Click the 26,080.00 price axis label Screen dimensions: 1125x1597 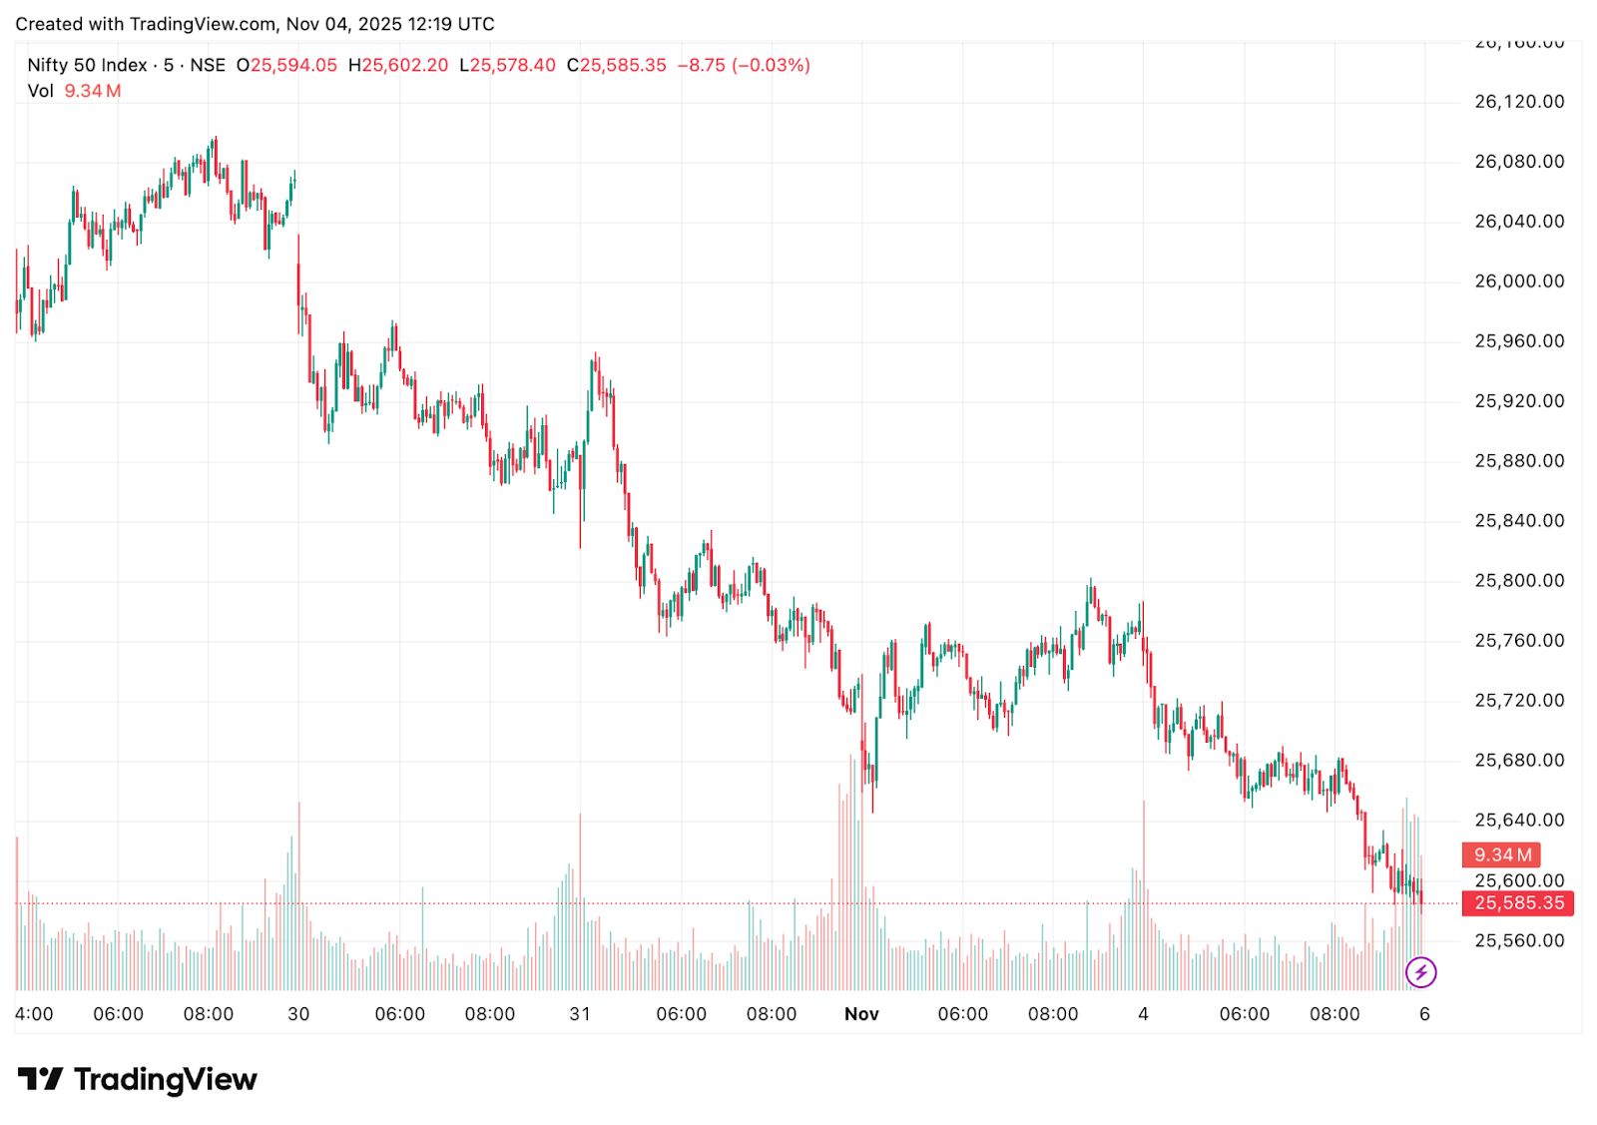pyautogui.click(x=1518, y=162)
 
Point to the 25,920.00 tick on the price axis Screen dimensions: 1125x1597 pyautogui.click(x=1518, y=401)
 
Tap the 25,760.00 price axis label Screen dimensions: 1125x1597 pyautogui.click(x=1518, y=641)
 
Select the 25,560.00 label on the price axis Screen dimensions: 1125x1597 pyautogui.click(x=1518, y=940)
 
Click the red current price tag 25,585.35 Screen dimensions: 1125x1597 pyautogui.click(x=1518, y=903)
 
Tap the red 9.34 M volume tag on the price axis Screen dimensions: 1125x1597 pyautogui.click(x=1502, y=855)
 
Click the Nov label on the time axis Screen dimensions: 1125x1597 pyautogui.click(x=861, y=1014)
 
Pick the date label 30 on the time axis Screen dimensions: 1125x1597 pyautogui.click(x=298, y=1014)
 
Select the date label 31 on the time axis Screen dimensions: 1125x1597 pyautogui.click(x=580, y=1014)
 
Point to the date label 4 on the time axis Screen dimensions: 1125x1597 pyautogui.click(x=1143, y=1014)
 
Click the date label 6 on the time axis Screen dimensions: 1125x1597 pyautogui.click(x=1424, y=1014)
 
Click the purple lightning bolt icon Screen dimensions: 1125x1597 pyautogui.click(x=1420, y=971)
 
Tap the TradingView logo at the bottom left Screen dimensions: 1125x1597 pyautogui.click(x=138, y=1080)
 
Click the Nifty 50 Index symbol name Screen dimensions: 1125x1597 pyautogui.click(x=87, y=66)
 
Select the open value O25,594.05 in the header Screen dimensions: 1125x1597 pyautogui.click(x=286, y=66)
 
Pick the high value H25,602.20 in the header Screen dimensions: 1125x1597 pyautogui.click(x=398, y=66)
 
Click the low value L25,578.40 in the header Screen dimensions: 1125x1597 pyautogui.click(x=507, y=66)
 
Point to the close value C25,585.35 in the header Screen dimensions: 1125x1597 pyautogui.click(x=616, y=66)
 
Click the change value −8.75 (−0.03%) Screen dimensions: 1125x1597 pyautogui.click(x=744, y=66)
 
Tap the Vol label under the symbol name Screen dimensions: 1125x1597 pyautogui.click(x=41, y=92)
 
